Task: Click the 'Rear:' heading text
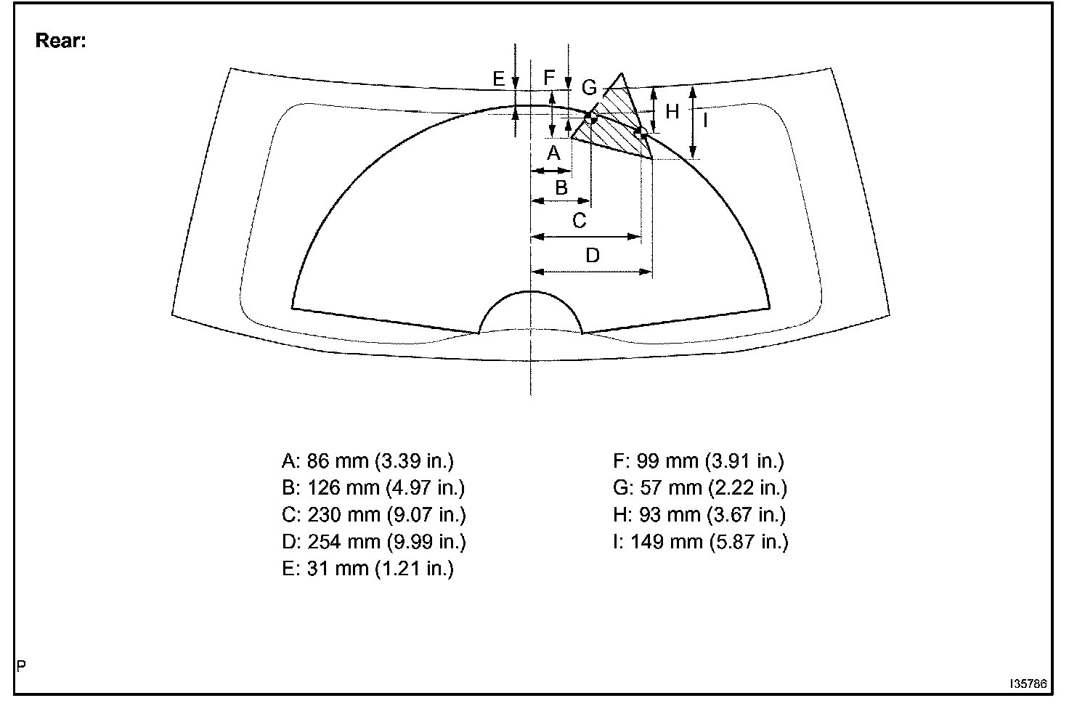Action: tap(61, 41)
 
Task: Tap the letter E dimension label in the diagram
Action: tap(498, 78)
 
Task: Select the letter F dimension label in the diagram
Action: tap(549, 77)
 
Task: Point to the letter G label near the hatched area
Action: tap(589, 88)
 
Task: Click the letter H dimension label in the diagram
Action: tap(672, 112)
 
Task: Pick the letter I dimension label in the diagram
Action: tap(704, 119)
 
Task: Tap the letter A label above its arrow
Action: tap(553, 153)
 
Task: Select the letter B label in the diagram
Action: tap(561, 187)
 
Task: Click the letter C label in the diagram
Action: tap(579, 221)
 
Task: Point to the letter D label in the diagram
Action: tap(593, 256)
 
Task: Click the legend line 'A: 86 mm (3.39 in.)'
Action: tap(367, 460)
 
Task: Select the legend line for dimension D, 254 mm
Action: tap(373, 541)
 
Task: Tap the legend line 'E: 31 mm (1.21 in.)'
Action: tap(367, 568)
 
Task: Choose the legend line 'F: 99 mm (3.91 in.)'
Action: tap(699, 460)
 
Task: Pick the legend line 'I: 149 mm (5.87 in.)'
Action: tap(700, 541)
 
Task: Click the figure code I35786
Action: tap(1027, 684)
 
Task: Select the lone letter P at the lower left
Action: tap(21, 665)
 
